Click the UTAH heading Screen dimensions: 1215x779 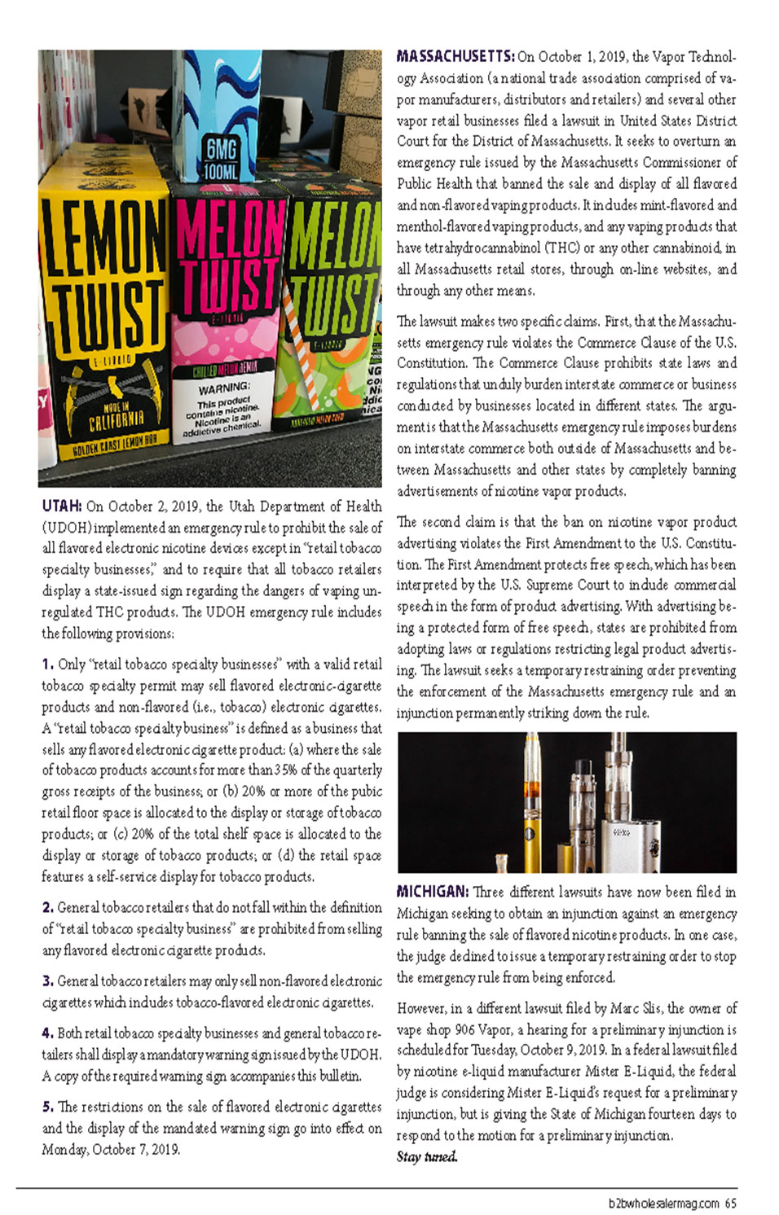coord(61,506)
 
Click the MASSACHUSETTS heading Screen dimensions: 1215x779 coord(455,56)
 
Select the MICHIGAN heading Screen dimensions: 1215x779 coord(432,892)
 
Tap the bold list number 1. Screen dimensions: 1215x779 coord(47,665)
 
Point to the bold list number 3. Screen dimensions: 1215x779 coord(47,980)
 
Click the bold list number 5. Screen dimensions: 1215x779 coord(47,1107)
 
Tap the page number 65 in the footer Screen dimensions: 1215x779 coord(730,1203)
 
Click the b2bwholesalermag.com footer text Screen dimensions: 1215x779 coord(663,1203)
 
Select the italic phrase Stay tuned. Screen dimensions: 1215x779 coord(427,1156)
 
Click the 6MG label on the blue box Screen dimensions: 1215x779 coord(221,149)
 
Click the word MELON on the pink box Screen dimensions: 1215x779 coord(229,230)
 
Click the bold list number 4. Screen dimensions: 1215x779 coord(47,1033)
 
